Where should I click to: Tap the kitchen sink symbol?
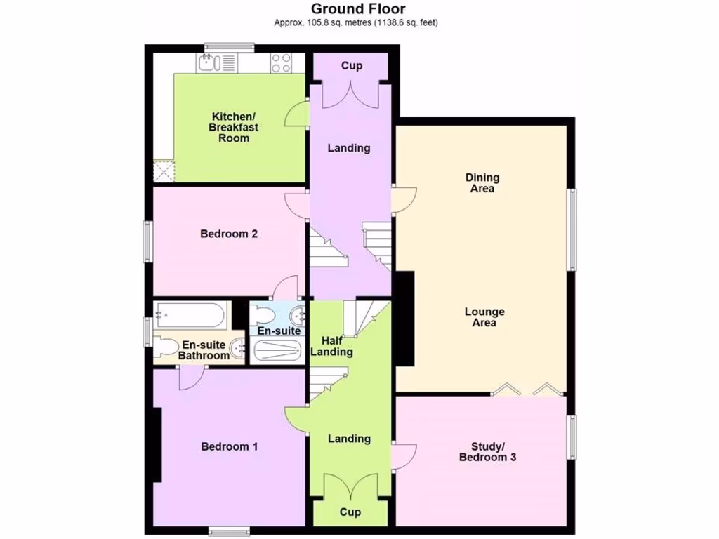pyautogui.click(x=207, y=64)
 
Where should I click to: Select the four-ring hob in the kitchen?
pyautogui.click(x=282, y=63)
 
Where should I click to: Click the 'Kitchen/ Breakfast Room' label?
pyautogui.click(x=234, y=127)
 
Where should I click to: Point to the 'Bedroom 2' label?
pyautogui.click(x=229, y=234)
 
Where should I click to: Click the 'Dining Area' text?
pyautogui.click(x=482, y=183)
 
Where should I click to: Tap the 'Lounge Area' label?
pyautogui.click(x=484, y=317)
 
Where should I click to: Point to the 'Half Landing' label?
pyautogui.click(x=331, y=346)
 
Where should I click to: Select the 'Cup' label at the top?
pyautogui.click(x=352, y=66)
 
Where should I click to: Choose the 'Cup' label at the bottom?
pyautogui.click(x=350, y=512)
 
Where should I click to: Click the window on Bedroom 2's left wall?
pyautogui.click(x=148, y=242)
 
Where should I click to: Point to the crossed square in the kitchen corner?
pyautogui.click(x=164, y=171)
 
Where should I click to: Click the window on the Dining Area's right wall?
pyautogui.click(x=572, y=229)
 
